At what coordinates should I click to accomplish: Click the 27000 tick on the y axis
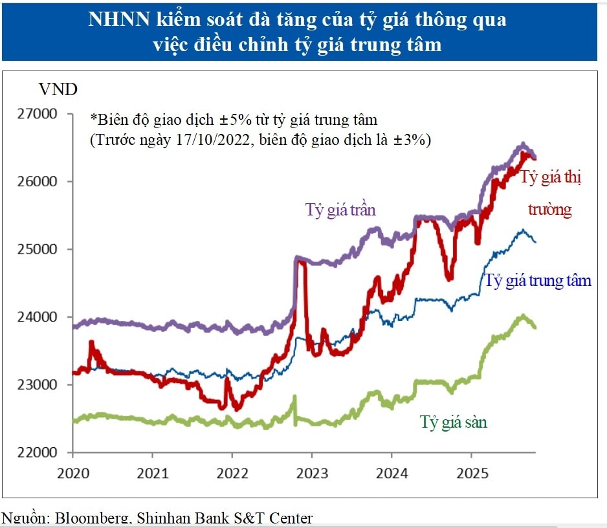point(41,114)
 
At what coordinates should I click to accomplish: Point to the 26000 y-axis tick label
point(41,182)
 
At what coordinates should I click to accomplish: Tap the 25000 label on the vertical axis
point(41,250)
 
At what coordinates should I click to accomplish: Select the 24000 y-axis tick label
point(41,317)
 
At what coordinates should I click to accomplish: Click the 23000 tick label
point(41,385)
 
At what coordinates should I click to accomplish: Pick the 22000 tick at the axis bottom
point(41,452)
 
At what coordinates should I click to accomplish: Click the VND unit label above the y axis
point(58,89)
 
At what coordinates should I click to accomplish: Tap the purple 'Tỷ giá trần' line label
point(340,210)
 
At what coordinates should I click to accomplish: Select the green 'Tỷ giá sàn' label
point(453,423)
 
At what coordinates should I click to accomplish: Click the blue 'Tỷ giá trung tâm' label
point(538,281)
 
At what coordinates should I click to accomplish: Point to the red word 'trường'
point(550,210)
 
